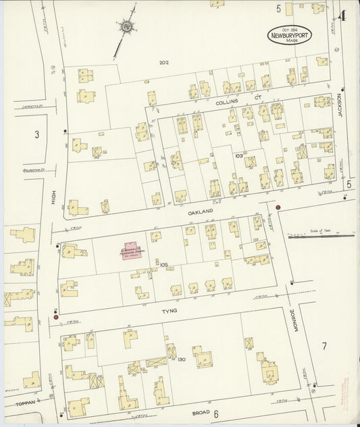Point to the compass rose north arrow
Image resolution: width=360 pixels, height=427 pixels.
click(x=125, y=27)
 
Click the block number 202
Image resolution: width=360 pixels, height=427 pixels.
click(x=163, y=63)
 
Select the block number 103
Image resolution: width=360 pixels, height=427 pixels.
click(x=238, y=155)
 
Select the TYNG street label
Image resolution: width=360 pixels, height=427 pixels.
click(x=168, y=312)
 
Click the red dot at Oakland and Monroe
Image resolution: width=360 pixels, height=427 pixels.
click(x=278, y=207)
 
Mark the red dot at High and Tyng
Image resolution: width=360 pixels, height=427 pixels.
click(x=55, y=316)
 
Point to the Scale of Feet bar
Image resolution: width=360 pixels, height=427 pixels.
click(x=321, y=236)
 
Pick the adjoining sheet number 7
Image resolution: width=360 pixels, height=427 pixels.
click(x=324, y=347)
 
